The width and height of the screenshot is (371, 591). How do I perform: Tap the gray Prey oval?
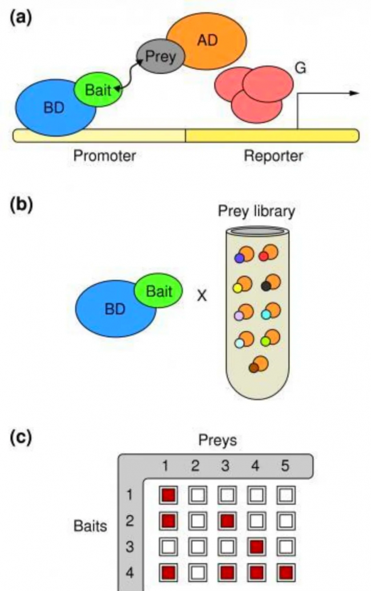point(160,57)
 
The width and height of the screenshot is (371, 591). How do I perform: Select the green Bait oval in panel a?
point(98,90)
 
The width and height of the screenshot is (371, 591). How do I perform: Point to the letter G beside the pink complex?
point(301,69)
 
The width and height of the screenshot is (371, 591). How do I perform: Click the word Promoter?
point(104,155)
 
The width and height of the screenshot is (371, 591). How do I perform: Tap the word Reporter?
point(273,155)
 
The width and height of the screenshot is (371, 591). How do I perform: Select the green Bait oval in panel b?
point(159,292)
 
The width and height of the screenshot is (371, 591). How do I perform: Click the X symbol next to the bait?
point(201,297)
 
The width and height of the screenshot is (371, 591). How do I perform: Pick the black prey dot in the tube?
point(265,285)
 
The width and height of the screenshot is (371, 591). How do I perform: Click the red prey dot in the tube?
point(264,257)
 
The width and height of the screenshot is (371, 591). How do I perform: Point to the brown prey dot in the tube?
point(253,368)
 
